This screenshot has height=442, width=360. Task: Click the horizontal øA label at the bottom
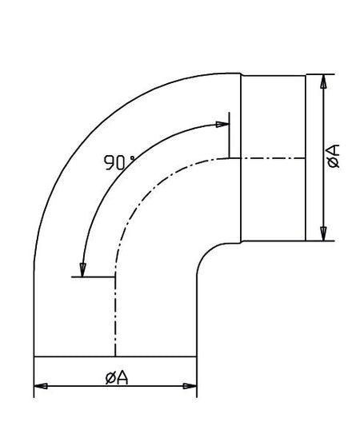[x=117, y=376]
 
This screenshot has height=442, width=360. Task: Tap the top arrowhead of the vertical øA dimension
[x=322, y=81]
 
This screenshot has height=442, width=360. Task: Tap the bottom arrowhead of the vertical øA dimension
[x=322, y=233]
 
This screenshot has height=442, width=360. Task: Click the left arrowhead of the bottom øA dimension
[x=40, y=385]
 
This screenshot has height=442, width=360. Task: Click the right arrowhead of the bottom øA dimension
[x=190, y=385]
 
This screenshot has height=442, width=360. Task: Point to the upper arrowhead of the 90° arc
[x=222, y=123]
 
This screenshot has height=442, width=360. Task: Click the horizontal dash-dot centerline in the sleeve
[x=272, y=158]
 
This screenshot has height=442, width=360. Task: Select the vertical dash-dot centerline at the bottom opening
[x=117, y=320]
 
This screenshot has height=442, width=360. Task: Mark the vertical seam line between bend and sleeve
[x=241, y=200]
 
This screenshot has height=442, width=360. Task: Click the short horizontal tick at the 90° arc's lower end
[x=96, y=277]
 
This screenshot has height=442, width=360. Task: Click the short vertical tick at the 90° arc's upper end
[x=229, y=136]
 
